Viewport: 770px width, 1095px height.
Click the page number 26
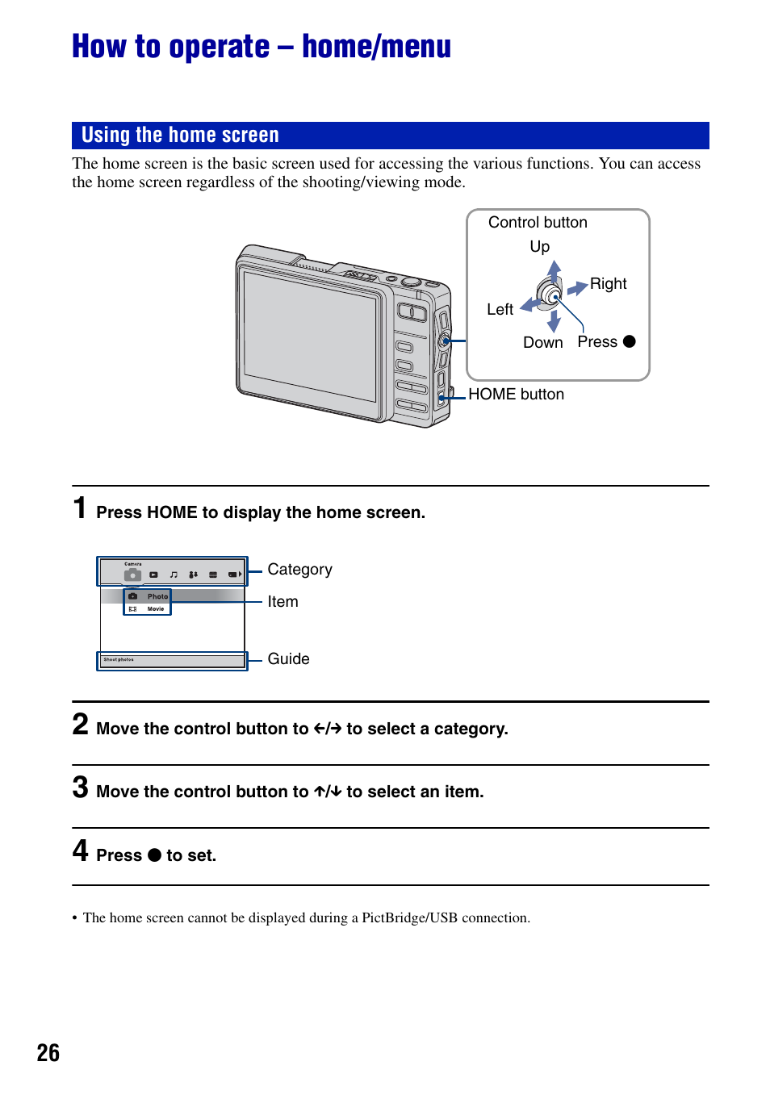pos(48,1053)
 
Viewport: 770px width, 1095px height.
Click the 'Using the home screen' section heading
pos(180,135)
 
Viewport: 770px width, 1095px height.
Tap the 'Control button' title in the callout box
pos(538,223)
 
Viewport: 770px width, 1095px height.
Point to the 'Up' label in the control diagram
pos(539,247)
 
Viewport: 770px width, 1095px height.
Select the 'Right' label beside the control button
pos(608,284)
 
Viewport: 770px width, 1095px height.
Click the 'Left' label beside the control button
pos(500,310)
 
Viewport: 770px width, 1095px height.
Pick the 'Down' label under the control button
pos(542,343)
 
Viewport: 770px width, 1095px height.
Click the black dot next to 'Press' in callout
pos(630,342)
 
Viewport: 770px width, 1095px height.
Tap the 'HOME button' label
pos(516,395)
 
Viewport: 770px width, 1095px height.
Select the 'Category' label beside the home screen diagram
pos(299,570)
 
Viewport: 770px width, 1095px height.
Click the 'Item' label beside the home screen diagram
pos(282,602)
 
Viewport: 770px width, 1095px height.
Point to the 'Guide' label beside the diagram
pos(288,659)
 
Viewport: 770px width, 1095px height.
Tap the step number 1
pos(80,508)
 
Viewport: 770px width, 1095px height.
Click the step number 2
pos(80,725)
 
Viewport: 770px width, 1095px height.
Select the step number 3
pos(80,788)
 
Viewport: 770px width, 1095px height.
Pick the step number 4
pos(80,851)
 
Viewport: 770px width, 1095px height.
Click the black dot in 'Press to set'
pos(154,855)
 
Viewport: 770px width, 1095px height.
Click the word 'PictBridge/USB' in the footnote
pos(409,918)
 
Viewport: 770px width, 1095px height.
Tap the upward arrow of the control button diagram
pos(554,270)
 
